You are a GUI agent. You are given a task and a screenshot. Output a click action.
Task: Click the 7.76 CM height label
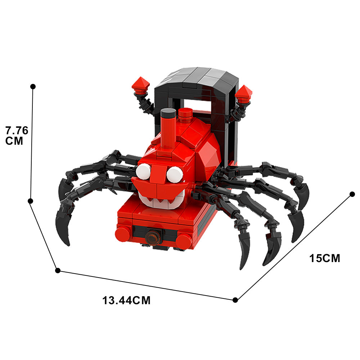tap(17, 135)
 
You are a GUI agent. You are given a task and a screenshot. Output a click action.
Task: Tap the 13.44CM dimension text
tap(126, 300)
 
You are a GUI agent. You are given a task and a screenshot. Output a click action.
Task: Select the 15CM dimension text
tap(325, 258)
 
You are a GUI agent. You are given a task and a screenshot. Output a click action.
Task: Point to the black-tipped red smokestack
tap(168, 128)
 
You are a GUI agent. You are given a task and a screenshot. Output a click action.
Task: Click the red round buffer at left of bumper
tap(122, 234)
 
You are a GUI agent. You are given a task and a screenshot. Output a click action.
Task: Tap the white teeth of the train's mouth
tap(161, 200)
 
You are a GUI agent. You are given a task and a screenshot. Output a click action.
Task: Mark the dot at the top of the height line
tap(33, 86)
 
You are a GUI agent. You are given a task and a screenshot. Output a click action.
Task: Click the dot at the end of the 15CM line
tap(352, 194)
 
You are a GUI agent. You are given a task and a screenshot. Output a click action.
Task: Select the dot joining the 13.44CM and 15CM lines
tap(235, 300)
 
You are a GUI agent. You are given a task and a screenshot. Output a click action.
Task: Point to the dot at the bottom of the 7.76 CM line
tap(31, 201)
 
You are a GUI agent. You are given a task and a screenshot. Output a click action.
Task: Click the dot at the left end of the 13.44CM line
tap(57, 270)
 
